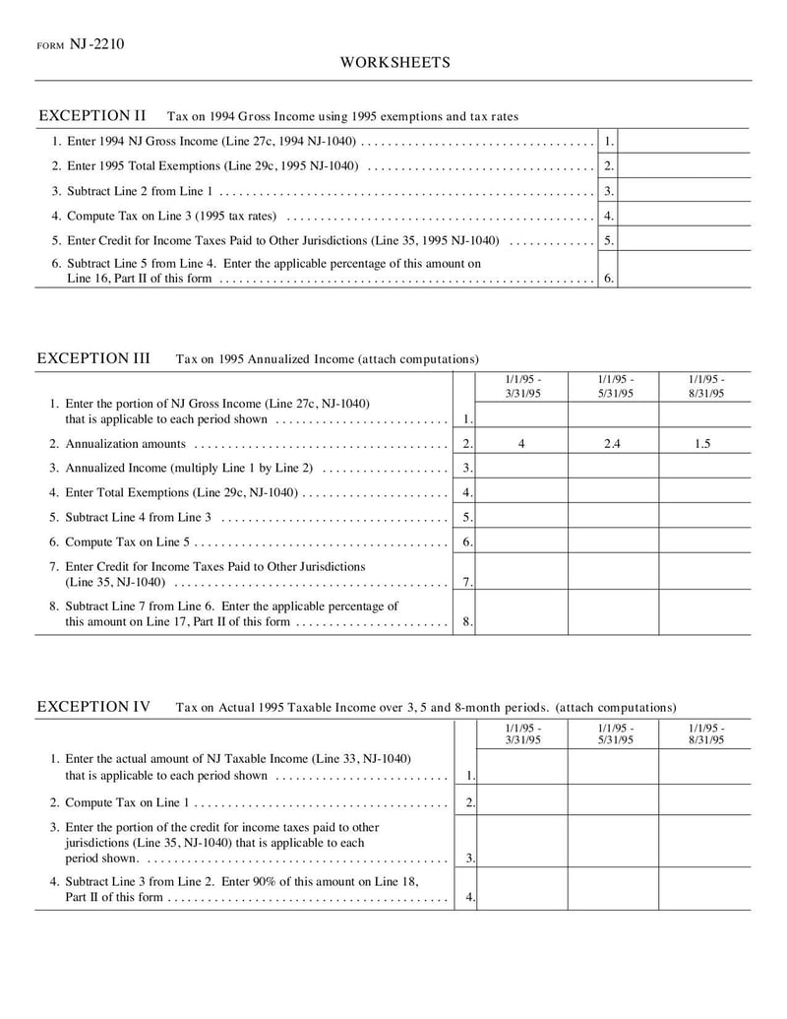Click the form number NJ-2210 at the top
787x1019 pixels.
coord(96,44)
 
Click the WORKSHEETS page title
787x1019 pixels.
coord(394,63)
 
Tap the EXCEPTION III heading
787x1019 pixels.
coord(93,358)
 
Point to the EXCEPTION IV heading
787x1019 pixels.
coord(93,707)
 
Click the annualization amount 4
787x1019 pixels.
coord(521,444)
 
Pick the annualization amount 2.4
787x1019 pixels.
coord(612,444)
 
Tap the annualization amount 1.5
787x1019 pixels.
coord(702,444)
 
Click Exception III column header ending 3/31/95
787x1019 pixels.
coord(522,387)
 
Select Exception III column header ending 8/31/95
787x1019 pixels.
coord(704,387)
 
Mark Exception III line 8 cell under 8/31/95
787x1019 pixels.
coord(704,612)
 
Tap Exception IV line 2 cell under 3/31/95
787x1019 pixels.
coord(522,799)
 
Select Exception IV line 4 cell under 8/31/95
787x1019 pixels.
coord(704,888)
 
